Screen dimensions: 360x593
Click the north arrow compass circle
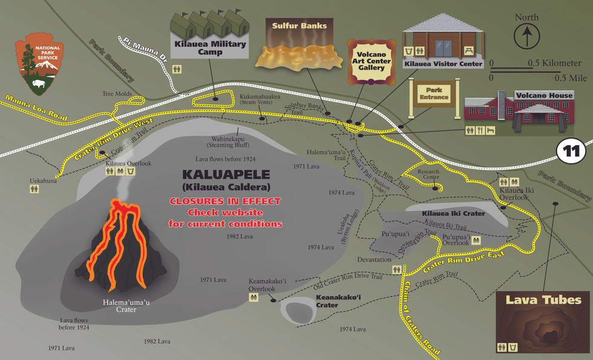click(x=526, y=36)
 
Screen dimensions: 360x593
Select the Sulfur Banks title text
click(x=299, y=26)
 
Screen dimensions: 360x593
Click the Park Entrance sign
click(x=434, y=93)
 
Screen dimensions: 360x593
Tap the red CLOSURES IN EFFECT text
click(x=225, y=201)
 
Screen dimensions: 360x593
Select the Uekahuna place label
click(x=44, y=180)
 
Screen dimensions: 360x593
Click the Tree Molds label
click(x=117, y=94)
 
